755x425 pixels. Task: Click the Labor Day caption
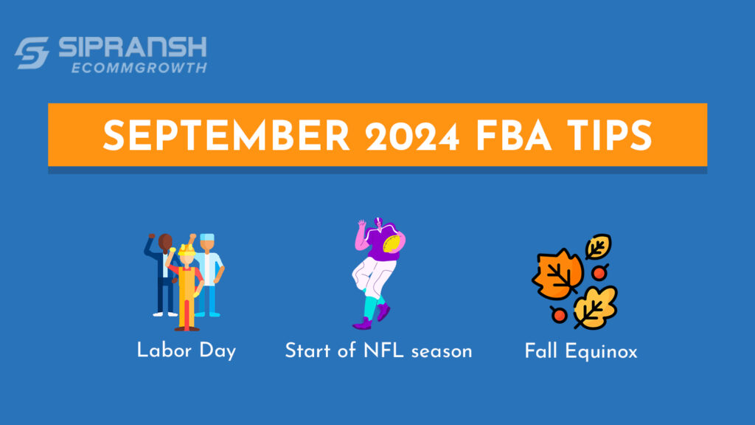[x=186, y=350]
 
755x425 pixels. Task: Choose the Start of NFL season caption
[x=378, y=350]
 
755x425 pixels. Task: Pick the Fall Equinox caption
[x=581, y=350]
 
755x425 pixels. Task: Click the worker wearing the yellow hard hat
[x=186, y=284]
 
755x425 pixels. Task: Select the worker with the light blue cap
[x=210, y=269]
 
